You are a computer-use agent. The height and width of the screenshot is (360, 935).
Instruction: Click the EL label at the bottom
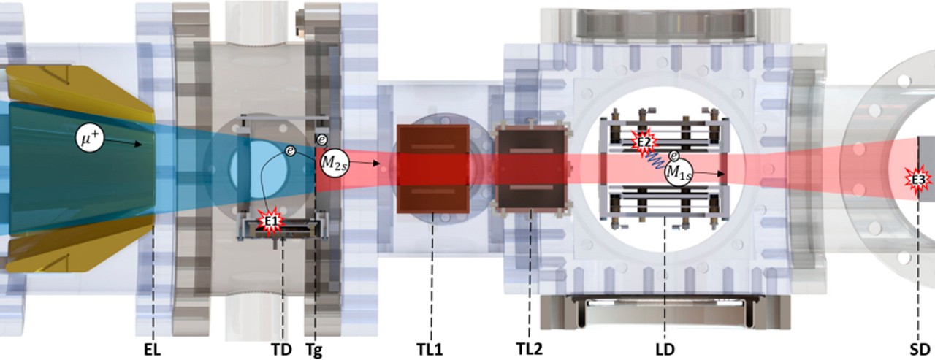coord(152,350)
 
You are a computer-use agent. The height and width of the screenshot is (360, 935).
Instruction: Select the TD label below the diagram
coord(282,350)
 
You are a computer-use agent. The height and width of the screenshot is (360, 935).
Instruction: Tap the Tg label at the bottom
coord(314,351)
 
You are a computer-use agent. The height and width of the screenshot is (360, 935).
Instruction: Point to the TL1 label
coord(430,350)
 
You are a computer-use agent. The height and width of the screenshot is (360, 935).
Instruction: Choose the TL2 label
coord(529,349)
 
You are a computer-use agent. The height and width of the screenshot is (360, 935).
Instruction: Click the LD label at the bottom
coord(665,350)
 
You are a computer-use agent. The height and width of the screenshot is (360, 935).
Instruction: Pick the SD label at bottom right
coord(919,350)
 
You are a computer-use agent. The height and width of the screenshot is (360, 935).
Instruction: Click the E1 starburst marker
coord(272,221)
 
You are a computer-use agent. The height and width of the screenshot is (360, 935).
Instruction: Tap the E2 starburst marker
coord(644,142)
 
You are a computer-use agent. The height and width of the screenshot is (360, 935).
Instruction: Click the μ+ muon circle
coord(90,137)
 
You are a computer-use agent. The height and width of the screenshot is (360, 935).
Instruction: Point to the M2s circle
coord(334,162)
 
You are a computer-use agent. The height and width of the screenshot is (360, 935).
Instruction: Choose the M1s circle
coord(679,172)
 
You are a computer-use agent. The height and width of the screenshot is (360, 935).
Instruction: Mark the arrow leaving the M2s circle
coord(364,163)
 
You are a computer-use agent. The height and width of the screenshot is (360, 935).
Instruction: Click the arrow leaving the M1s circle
coord(708,173)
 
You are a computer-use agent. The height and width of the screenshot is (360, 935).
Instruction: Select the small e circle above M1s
coord(673,156)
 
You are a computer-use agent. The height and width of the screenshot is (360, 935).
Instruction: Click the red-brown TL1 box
coord(433,169)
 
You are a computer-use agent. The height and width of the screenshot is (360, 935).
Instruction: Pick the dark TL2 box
coord(531,169)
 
